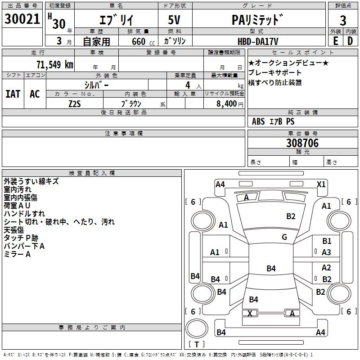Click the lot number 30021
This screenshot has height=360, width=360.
(x=22, y=20)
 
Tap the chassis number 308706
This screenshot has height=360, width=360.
(x=302, y=143)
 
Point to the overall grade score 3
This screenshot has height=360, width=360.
(x=343, y=20)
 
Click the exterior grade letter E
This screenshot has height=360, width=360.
(x=335, y=41)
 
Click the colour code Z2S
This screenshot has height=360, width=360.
(x=75, y=103)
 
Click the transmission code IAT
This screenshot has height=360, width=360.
(x=13, y=94)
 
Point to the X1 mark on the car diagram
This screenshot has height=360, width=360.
(x=321, y=184)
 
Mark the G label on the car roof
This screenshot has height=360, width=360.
(x=284, y=237)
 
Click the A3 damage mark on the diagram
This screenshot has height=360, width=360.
(x=327, y=252)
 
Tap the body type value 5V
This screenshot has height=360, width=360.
(x=175, y=20)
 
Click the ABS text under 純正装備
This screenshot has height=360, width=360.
(x=258, y=121)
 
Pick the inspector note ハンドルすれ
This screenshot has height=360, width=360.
(x=24, y=214)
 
